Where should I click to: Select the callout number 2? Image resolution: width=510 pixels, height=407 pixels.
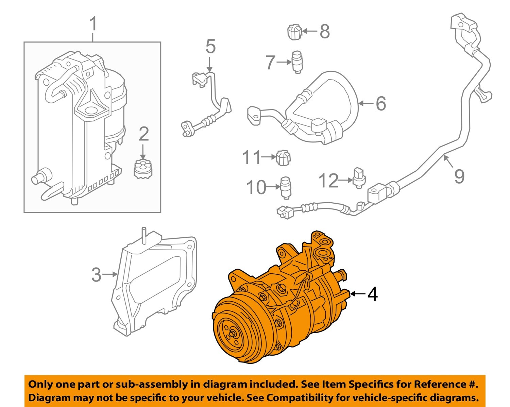point(143,134)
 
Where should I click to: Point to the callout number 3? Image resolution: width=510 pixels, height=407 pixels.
point(96,274)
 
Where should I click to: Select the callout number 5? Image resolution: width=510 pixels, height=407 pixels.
point(210,47)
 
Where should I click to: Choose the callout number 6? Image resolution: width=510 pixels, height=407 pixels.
point(381,103)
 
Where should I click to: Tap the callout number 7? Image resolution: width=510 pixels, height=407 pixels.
point(270,63)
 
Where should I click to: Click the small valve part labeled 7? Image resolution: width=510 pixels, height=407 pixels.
point(297,61)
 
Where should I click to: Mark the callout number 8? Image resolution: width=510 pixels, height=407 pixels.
point(325,31)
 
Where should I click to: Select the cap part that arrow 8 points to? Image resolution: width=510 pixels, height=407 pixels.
point(294,32)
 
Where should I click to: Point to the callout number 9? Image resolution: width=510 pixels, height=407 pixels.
point(459,176)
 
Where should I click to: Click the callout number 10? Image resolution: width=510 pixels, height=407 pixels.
point(256,187)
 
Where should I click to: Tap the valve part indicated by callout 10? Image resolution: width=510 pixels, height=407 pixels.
point(285,187)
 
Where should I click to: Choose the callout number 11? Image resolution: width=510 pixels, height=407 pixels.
point(252,157)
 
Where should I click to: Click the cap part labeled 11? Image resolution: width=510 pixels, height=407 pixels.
point(283,157)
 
